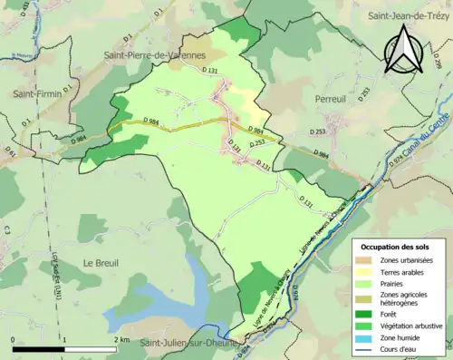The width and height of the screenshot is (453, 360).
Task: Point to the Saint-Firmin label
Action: (36, 93)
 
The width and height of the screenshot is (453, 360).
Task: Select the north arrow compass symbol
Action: (403, 47)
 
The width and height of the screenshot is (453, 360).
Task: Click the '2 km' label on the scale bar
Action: (121, 339)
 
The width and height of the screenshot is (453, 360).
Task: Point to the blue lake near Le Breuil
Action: (163, 295)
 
